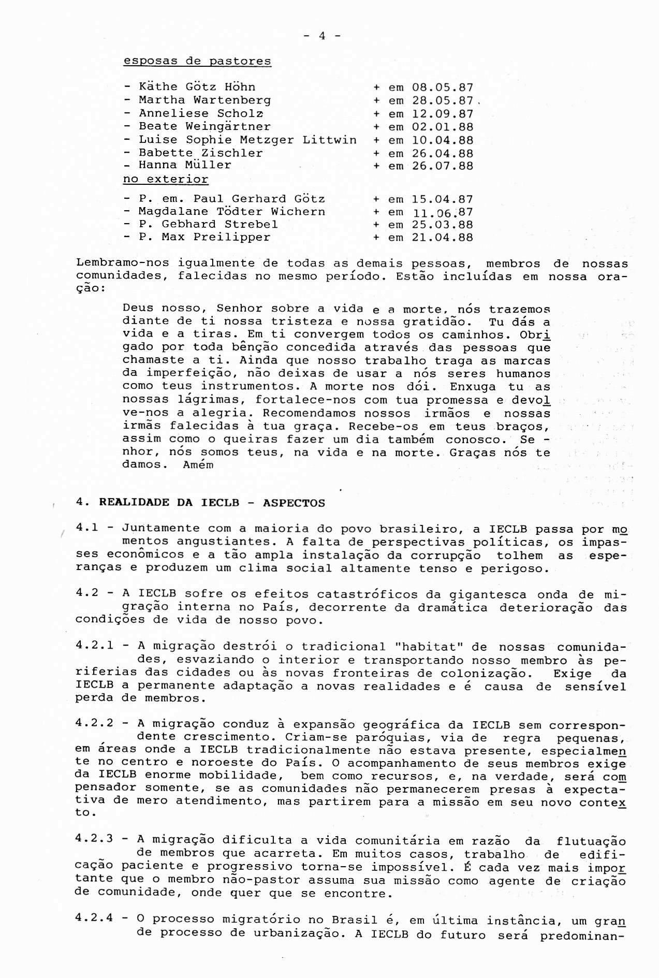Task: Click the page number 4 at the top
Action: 321,36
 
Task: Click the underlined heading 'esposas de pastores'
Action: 197,61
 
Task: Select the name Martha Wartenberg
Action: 204,100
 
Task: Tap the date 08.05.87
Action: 442,87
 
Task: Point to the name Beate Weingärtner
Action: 204,127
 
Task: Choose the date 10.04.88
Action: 442,140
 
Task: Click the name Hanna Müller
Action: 185,165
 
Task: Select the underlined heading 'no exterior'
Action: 165,180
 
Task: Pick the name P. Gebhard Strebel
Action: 208,224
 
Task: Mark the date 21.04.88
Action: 442,238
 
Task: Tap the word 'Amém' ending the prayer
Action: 198,464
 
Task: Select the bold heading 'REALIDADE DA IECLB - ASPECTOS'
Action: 212,502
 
